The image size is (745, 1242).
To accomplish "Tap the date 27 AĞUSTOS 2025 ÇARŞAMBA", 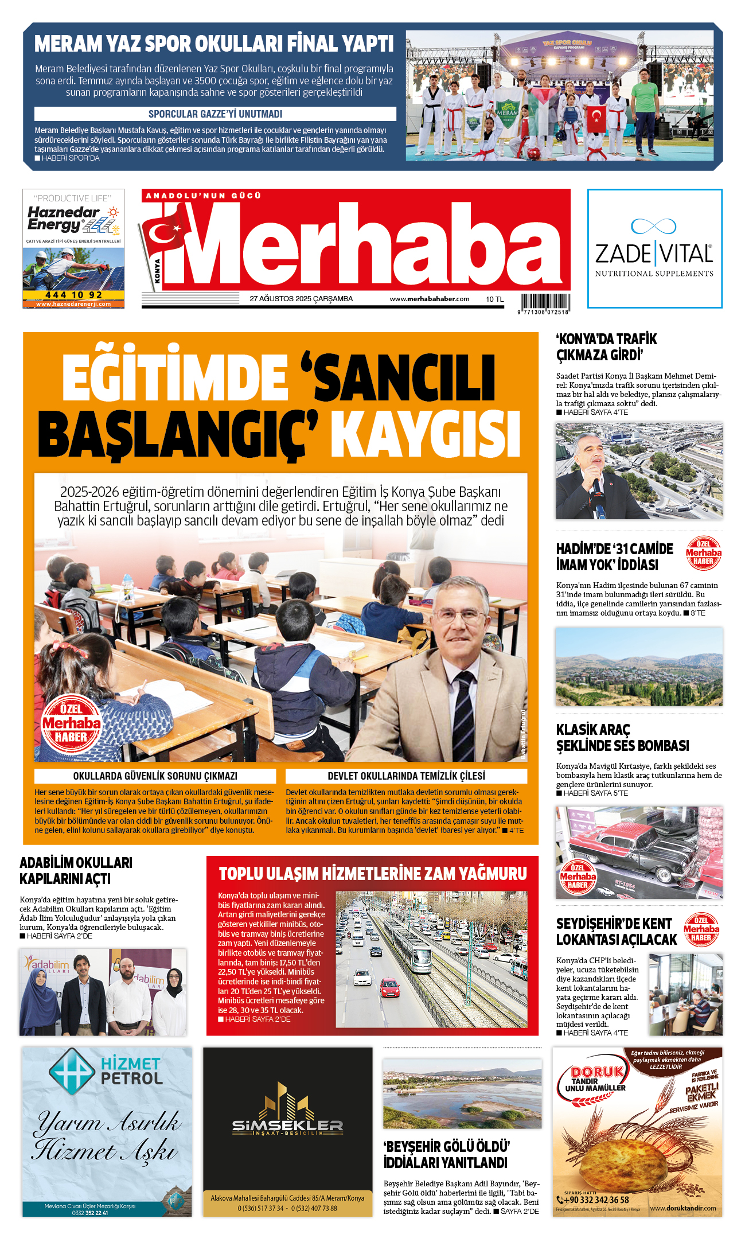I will click(301, 299).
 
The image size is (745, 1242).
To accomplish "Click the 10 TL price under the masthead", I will click(494, 299).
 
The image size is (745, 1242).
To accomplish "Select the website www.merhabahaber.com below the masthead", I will click(429, 299).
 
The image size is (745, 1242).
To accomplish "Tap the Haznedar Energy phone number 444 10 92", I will click(73, 295).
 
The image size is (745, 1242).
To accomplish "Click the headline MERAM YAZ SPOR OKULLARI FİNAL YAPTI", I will click(214, 44).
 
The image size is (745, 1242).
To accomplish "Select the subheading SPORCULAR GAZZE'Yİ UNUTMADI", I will click(215, 114).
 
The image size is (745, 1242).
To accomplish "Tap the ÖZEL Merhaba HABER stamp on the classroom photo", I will click(71, 723).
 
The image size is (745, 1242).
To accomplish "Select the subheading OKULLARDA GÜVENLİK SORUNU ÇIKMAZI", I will click(155, 776).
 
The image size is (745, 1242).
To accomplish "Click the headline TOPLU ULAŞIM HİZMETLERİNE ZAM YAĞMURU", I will click(373, 874).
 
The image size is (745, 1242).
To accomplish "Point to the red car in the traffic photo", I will click(389, 987).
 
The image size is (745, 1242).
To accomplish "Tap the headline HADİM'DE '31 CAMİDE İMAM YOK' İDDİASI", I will click(615, 556).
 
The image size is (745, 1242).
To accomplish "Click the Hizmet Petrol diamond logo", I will click(71, 1070).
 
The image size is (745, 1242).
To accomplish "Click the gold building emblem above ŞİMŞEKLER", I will click(287, 1101).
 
